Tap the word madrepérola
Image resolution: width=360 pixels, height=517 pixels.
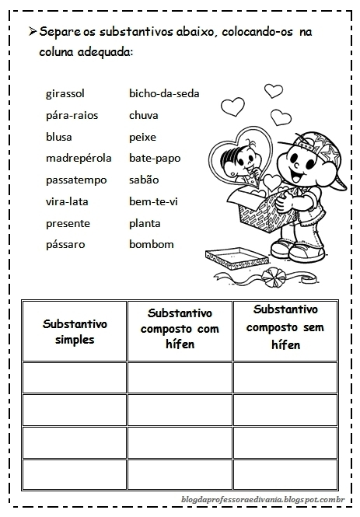[79, 158]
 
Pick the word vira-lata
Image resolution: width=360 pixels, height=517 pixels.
[67, 201]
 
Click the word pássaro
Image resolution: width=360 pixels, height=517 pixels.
[66, 244]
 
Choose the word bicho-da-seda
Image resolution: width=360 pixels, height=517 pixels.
[164, 93]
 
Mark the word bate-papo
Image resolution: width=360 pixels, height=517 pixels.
[154, 158]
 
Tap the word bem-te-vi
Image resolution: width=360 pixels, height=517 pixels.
[153, 201]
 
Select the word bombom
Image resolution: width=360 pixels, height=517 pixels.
[152, 244]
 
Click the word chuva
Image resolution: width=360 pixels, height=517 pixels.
[144, 115]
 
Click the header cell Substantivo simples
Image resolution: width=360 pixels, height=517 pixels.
[75, 331]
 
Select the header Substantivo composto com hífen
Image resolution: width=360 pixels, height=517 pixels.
[180, 329]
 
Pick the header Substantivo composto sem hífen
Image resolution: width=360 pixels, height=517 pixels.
[285, 327]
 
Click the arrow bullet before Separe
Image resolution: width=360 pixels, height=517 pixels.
[31, 32]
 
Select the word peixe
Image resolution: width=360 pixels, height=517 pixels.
[142, 137]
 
